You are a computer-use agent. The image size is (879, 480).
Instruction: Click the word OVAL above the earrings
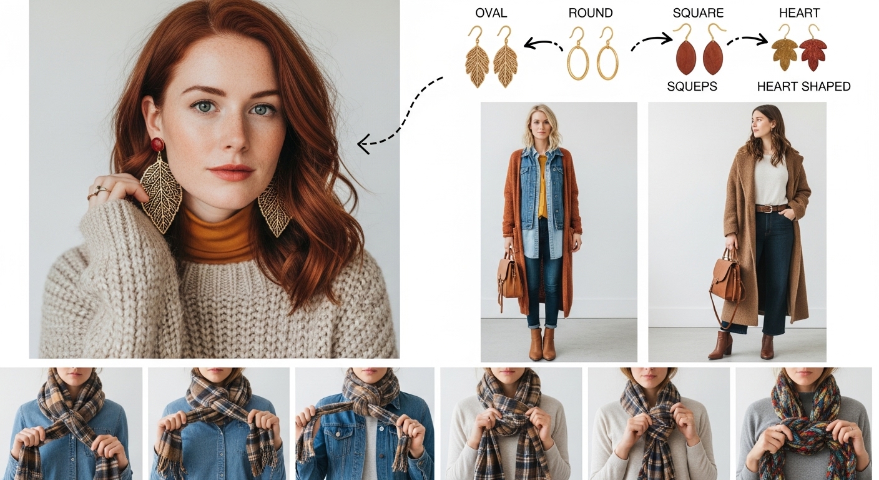tap(491, 13)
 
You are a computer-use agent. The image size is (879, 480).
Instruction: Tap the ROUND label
tap(591, 13)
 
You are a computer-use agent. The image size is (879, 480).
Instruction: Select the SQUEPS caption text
tap(692, 86)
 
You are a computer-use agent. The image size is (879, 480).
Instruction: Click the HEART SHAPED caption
tap(803, 86)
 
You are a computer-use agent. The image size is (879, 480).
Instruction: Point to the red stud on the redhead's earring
tap(158, 144)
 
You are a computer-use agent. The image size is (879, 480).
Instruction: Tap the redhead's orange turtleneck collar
tap(218, 236)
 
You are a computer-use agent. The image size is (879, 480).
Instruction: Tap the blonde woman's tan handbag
tap(509, 277)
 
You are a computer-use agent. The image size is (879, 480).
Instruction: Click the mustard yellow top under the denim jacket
tap(543, 187)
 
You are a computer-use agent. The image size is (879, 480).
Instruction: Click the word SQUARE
tap(698, 13)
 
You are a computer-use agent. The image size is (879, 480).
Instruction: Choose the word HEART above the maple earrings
tap(799, 13)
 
